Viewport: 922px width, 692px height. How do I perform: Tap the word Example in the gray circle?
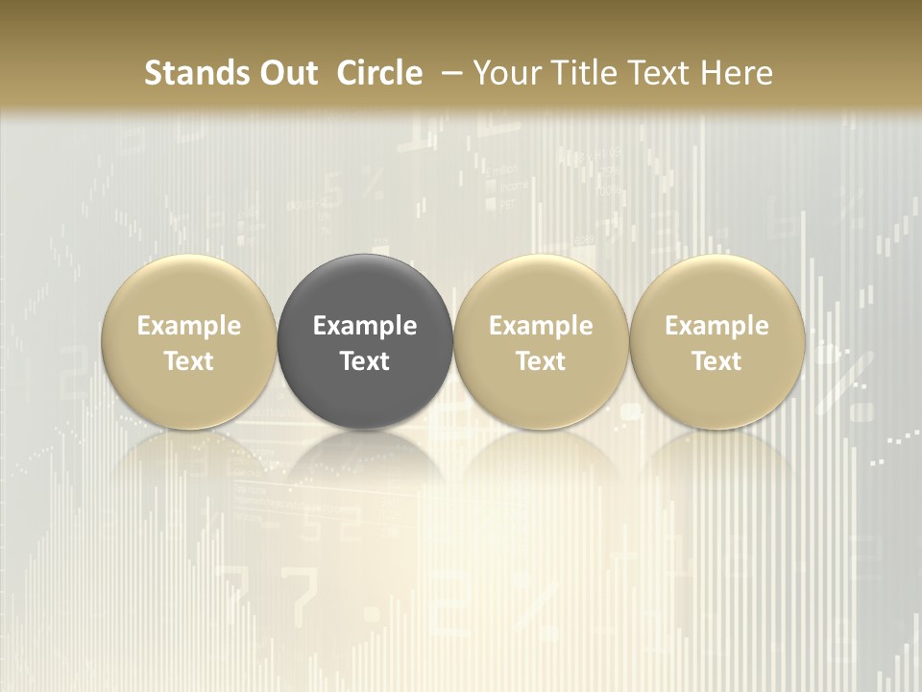pos(365,326)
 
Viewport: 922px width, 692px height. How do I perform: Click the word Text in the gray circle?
pos(365,361)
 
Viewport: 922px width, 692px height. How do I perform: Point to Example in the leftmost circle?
pos(189,326)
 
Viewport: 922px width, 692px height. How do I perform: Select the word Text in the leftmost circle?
pos(189,361)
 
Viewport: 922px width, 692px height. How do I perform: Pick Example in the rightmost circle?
pos(717,326)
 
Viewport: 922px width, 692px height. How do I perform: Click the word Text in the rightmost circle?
pos(717,361)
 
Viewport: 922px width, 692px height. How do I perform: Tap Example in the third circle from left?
pos(541,326)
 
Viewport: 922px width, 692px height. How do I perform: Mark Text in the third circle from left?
pos(541,361)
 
